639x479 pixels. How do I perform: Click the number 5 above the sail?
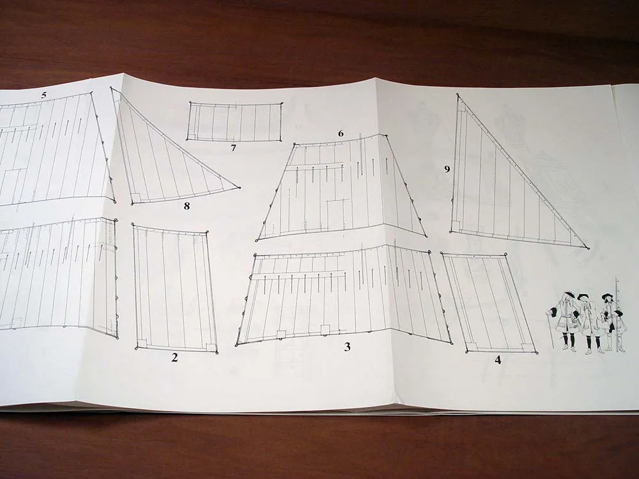44,95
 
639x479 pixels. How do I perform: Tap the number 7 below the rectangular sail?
233,148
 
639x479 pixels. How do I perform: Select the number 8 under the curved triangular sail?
187,206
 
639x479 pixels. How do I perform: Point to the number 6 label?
341,133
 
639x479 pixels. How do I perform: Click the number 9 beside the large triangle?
447,169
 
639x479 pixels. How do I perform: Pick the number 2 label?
174,358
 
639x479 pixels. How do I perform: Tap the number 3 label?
347,347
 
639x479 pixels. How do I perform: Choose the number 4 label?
498,360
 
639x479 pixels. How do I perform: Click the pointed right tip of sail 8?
239,188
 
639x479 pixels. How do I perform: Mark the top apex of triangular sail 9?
458,95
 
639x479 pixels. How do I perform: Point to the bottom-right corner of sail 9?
586,247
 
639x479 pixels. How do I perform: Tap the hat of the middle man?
583,296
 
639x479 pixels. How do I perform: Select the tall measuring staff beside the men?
617,314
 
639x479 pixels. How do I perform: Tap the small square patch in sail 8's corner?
137,197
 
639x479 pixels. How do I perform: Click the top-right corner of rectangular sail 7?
282,103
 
